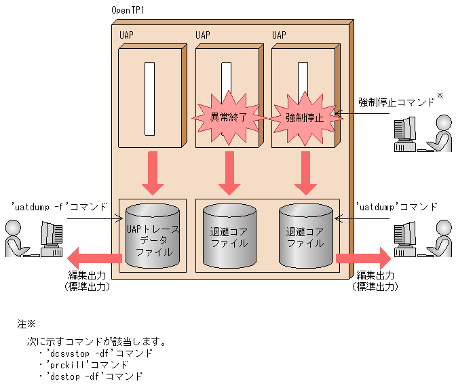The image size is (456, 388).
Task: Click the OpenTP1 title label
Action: [132, 11]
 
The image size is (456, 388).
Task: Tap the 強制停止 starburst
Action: [304, 117]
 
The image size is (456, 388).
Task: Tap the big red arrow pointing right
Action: [362, 258]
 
